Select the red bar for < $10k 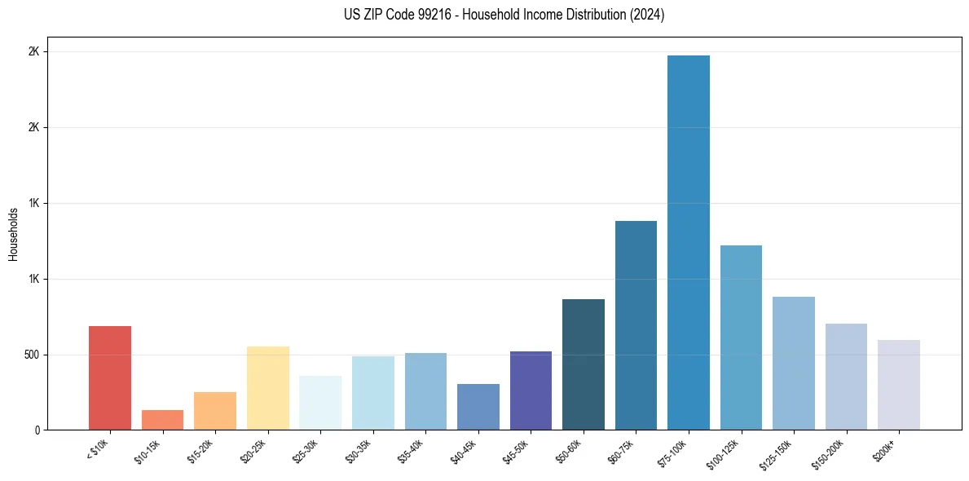click(x=110, y=378)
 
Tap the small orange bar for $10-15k click(x=162, y=420)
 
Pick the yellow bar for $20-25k click(x=268, y=388)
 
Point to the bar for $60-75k click(x=636, y=325)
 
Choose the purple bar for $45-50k click(x=531, y=391)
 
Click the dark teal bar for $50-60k click(x=584, y=364)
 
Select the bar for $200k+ click(x=899, y=385)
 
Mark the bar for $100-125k click(x=741, y=338)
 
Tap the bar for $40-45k click(x=478, y=407)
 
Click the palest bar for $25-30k click(x=320, y=403)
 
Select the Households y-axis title click(x=13, y=234)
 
